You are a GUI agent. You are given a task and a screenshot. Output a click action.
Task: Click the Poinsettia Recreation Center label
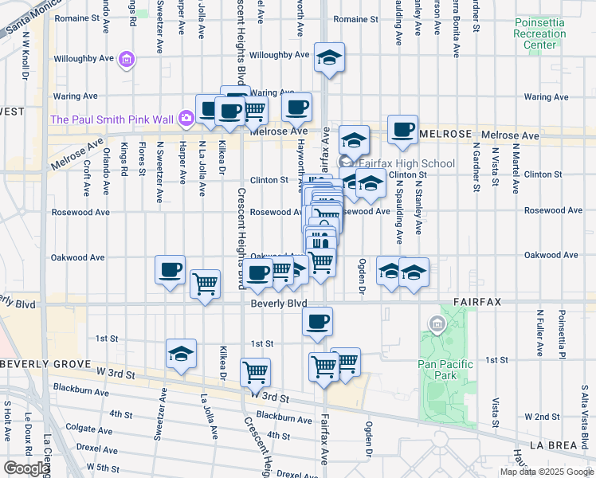pos(540,34)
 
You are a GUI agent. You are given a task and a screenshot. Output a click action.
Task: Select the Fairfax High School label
pos(406,164)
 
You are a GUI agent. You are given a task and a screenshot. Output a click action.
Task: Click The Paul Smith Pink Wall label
pos(112,119)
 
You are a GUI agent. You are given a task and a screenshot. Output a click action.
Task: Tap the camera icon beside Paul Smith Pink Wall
pos(186,119)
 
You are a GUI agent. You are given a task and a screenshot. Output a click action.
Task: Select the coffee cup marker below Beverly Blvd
pos(317,322)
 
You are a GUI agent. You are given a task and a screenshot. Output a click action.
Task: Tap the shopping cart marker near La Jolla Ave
pos(206,284)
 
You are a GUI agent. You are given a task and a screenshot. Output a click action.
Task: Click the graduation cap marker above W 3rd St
pos(181,355)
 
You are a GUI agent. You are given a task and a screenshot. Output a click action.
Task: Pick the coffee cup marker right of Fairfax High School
pos(403,130)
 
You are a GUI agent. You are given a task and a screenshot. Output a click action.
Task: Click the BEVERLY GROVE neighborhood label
pos(40,363)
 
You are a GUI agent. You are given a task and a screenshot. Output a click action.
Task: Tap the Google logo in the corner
pos(26,468)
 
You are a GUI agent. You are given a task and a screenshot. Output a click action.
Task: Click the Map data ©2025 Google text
pos(547,472)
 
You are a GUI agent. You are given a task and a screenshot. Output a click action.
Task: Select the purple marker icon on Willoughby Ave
pos(126,59)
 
